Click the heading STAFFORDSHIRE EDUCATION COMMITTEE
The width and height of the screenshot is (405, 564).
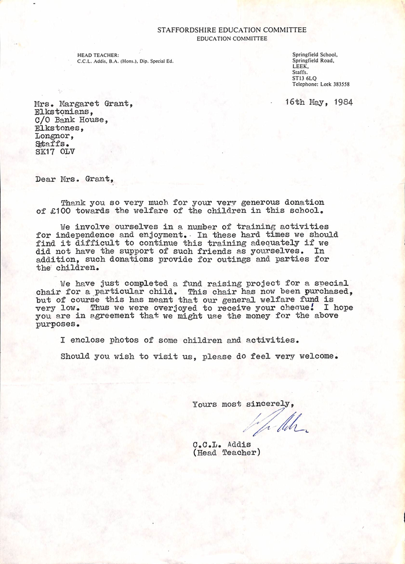[x=231, y=30]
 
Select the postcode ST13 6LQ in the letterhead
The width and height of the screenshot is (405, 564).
[x=303, y=78]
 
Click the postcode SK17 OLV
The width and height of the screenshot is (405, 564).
[x=55, y=152]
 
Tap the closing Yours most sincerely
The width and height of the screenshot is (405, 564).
[x=244, y=404]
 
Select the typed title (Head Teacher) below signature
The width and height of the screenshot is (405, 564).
[x=226, y=452]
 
